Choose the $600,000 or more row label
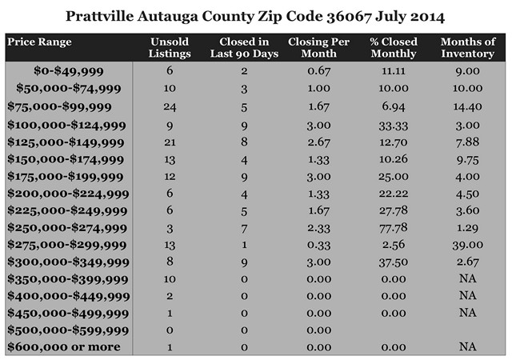point(64,346)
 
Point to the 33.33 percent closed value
point(394,125)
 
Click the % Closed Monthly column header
point(394,46)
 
